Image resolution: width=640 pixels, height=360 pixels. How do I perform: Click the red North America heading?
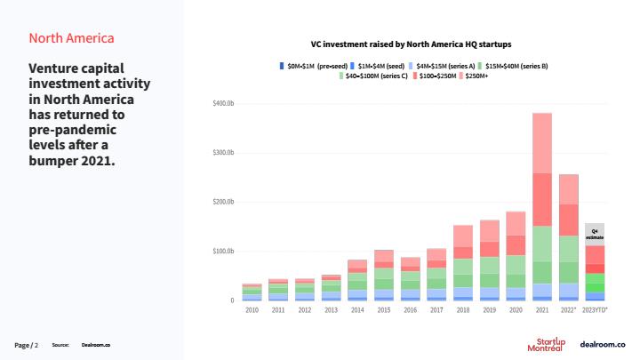pyautogui.click(x=71, y=38)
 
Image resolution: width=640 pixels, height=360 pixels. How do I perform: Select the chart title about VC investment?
pyautogui.click(x=410, y=43)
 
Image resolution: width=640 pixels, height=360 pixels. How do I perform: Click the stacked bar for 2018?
pyautogui.click(x=463, y=263)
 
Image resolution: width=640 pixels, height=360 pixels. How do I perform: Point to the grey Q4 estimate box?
pyautogui.click(x=595, y=234)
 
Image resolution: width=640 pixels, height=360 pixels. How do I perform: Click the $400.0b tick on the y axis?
pyautogui.click(x=222, y=104)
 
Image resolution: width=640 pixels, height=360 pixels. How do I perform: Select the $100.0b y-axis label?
pyautogui.click(x=222, y=252)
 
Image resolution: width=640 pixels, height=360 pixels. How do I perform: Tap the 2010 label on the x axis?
pyautogui.click(x=252, y=309)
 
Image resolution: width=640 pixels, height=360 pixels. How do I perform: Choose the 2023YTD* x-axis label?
pyautogui.click(x=596, y=309)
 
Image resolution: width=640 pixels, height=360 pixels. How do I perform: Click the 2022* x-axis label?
pyautogui.click(x=569, y=309)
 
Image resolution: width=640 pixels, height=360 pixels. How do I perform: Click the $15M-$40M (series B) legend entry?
pyautogui.click(x=515, y=65)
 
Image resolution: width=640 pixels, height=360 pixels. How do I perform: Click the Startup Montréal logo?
pyautogui.click(x=551, y=344)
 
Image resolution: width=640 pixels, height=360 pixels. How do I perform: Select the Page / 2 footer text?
pyautogui.click(x=27, y=344)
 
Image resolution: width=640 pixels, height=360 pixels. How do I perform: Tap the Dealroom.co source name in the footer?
pyautogui.click(x=95, y=344)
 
